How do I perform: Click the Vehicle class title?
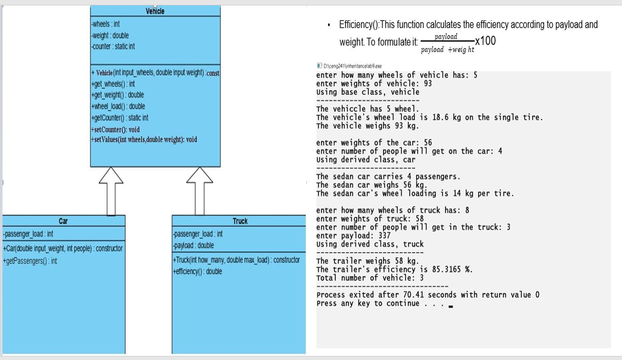(x=155, y=12)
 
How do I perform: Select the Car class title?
(x=63, y=221)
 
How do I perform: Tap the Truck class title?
(x=240, y=221)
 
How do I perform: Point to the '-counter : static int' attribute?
(x=113, y=46)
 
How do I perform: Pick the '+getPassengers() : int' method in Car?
(x=30, y=261)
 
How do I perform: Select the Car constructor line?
(x=63, y=248)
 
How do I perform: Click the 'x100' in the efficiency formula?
(x=485, y=41)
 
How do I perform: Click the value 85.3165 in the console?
(x=447, y=270)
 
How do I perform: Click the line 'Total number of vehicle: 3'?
(x=370, y=278)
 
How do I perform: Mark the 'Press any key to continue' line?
(x=368, y=303)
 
